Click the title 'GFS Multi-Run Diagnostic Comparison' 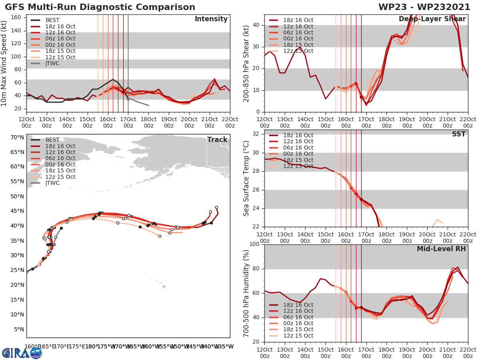click(x=100, y=7)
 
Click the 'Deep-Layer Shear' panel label click(x=432, y=19)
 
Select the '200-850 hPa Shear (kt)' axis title click(x=246, y=63)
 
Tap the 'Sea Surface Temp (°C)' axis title click(x=246, y=178)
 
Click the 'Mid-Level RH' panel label click(x=441, y=249)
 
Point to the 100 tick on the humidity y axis click(x=254, y=244)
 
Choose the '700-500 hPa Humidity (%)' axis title click(x=246, y=293)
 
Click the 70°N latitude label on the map click(x=17, y=137)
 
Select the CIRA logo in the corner click(x=22, y=353)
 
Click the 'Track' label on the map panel click(x=217, y=140)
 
